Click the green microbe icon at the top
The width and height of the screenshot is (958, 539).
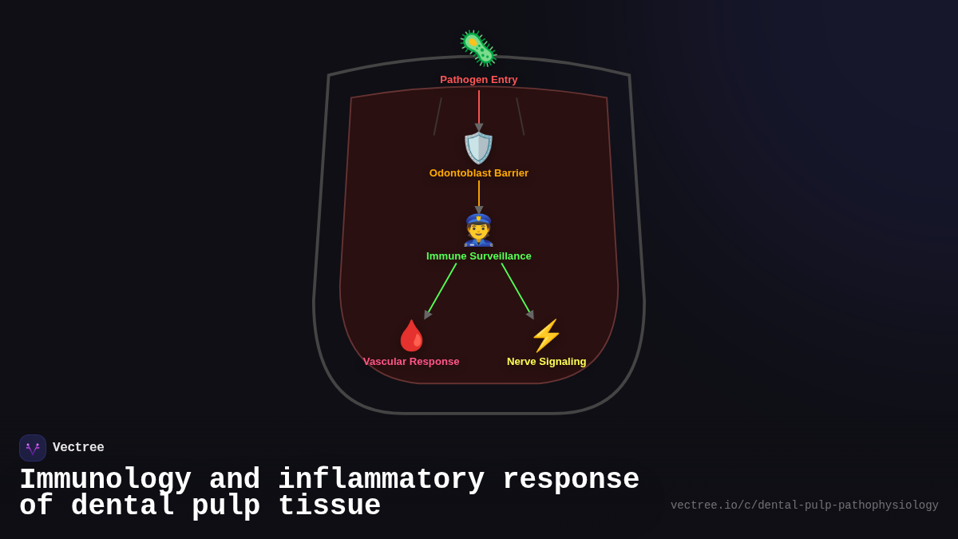pyautogui.click(x=478, y=48)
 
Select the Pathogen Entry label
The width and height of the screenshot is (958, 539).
pyautogui.click(x=479, y=80)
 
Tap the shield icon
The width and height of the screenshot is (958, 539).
pyautogui.click(x=479, y=149)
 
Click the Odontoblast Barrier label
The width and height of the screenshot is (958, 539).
pyautogui.click(x=479, y=173)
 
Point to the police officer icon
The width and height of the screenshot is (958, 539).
pyautogui.click(x=479, y=230)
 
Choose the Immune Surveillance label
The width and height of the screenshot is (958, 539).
pyautogui.click(x=479, y=256)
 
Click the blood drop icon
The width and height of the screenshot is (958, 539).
pyautogui.click(x=411, y=336)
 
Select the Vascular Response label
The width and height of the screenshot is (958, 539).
pyautogui.click(x=411, y=362)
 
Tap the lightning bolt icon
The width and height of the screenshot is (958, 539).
pyautogui.click(x=547, y=336)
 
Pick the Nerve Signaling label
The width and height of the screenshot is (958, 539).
pyautogui.click(x=547, y=362)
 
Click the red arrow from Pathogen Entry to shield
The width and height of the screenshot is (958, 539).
pyautogui.click(x=479, y=109)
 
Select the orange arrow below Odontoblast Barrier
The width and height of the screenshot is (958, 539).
pyautogui.click(x=479, y=196)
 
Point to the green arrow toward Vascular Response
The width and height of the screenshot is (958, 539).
pyautogui.click(x=441, y=290)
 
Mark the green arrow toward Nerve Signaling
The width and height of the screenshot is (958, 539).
pyautogui.click(x=517, y=290)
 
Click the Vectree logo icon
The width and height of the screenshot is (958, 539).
pyautogui.click(x=33, y=448)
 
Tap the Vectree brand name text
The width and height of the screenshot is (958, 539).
pyautogui.click(x=78, y=448)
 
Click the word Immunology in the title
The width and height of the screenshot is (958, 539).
pyautogui.click(x=105, y=480)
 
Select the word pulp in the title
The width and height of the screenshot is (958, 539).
pyautogui.click(x=226, y=506)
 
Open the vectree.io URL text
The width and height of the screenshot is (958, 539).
pyautogui.click(x=804, y=505)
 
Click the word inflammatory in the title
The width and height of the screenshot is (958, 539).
pyautogui.click(x=381, y=480)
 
